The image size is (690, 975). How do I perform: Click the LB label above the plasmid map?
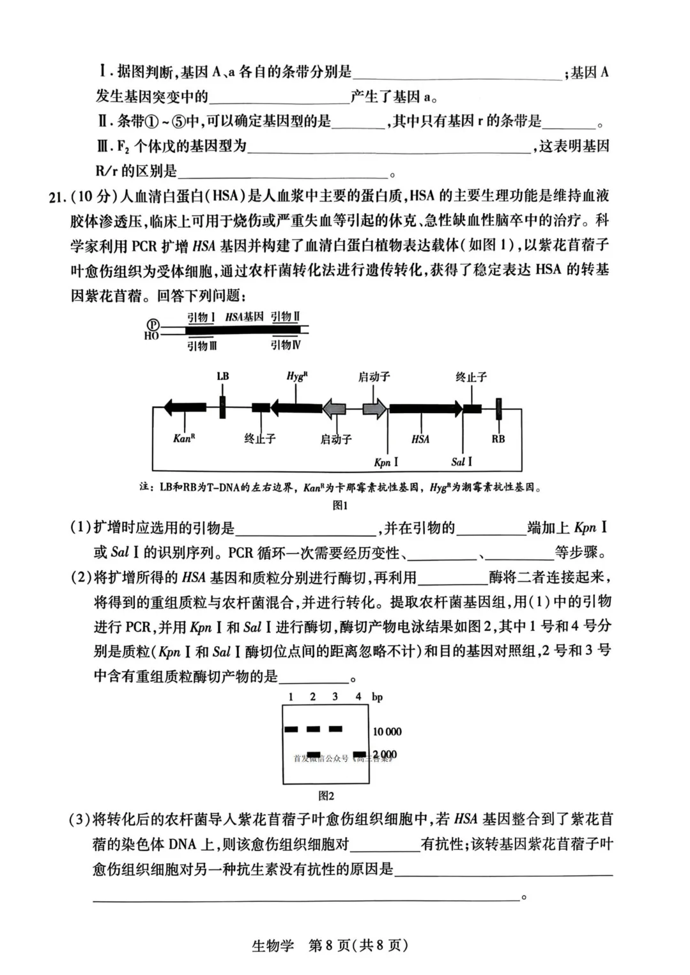pyautogui.click(x=222, y=376)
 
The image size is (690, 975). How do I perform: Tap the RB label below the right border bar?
pyautogui.click(x=498, y=439)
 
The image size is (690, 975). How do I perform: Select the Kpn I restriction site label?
pyautogui.click(x=386, y=462)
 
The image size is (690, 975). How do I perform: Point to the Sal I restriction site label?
pyautogui.click(x=461, y=462)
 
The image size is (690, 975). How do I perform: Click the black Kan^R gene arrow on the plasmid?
pyautogui.click(x=185, y=407)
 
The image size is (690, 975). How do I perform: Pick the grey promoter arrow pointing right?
pyautogui.click(x=374, y=408)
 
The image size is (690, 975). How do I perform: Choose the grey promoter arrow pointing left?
pyautogui.click(x=334, y=408)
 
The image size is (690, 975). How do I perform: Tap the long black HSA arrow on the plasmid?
pyautogui.click(x=425, y=408)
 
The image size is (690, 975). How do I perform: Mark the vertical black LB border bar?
pyautogui.click(x=222, y=407)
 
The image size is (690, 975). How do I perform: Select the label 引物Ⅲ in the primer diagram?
pyautogui.click(x=202, y=345)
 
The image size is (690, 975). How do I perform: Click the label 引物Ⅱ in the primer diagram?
pyautogui.click(x=285, y=317)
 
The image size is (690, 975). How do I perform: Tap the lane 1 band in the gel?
pyautogui.click(x=291, y=729)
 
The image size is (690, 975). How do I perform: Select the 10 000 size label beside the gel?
pyautogui.click(x=387, y=732)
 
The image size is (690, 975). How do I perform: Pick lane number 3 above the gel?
pyautogui.click(x=335, y=697)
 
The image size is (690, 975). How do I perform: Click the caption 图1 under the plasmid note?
pyautogui.click(x=340, y=505)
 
